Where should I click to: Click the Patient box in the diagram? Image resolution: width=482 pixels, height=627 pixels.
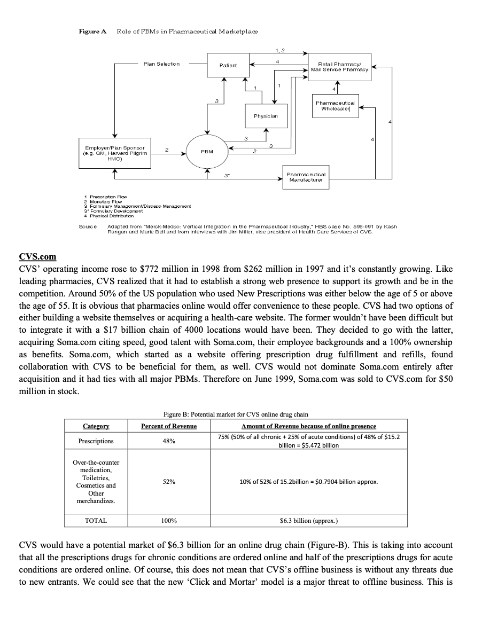point(228,64)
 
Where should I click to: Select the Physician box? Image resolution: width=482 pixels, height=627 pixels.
point(265,115)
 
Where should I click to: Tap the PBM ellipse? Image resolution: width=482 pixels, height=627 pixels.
point(208,152)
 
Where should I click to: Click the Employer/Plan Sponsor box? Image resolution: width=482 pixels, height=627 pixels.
point(114,152)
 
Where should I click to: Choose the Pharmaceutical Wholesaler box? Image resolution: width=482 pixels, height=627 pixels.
point(335,106)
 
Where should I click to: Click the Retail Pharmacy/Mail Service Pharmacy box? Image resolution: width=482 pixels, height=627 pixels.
point(340,67)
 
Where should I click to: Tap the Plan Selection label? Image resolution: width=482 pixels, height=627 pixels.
point(161,64)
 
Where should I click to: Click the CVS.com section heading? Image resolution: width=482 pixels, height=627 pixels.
point(37,256)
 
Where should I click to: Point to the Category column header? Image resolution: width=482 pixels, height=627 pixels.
point(96,426)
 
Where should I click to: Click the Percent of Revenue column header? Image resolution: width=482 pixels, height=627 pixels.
point(169,426)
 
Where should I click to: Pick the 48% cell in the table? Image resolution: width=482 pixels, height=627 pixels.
point(169,441)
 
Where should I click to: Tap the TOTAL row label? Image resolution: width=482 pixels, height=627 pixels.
point(96,520)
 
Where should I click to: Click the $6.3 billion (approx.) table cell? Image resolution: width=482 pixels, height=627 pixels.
point(309,520)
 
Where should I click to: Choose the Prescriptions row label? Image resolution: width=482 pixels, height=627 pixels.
point(96,441)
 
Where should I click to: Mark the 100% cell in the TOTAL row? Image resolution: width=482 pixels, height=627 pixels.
point(169,520)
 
